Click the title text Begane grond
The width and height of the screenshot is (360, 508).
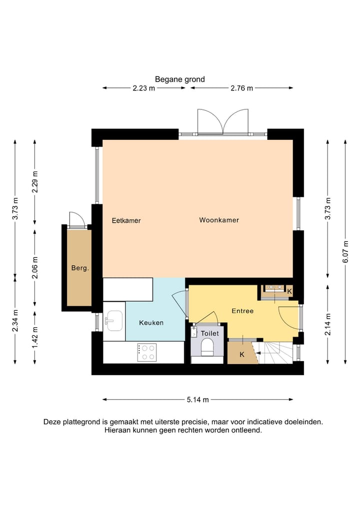pos(179,79)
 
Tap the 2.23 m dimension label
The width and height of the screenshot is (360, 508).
pos(143,88)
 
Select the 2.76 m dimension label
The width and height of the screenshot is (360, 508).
pos(241,88)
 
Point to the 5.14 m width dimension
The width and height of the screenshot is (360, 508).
pos(197,399)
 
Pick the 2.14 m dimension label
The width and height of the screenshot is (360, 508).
pos(327,324)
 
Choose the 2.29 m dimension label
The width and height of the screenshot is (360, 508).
pos(34,181)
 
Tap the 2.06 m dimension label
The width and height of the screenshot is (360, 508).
pos(34,267)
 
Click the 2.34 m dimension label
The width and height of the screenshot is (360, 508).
pos(15,323)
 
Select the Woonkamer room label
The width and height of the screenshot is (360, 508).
pos(218,220)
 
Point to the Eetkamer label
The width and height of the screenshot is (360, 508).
pos(126,220)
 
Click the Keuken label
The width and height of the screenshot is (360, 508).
pos(151,323)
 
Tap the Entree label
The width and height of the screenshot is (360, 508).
pos(242,311)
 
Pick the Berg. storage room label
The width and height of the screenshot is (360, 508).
pos(80,268)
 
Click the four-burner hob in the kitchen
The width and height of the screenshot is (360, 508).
pos(146,352)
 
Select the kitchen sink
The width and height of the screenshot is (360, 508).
pos(114,320)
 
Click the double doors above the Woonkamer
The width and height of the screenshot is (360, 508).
pos(223,122)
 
